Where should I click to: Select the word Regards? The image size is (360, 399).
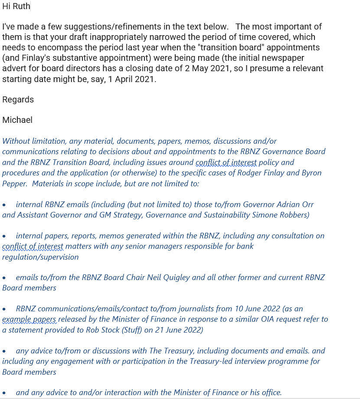pyautogui.click(x=18, y=99)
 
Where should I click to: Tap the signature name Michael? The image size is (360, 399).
pyautogui.click(x=17, y=120)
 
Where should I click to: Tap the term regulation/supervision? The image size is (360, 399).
pyautogui.click(x=40, y=257)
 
